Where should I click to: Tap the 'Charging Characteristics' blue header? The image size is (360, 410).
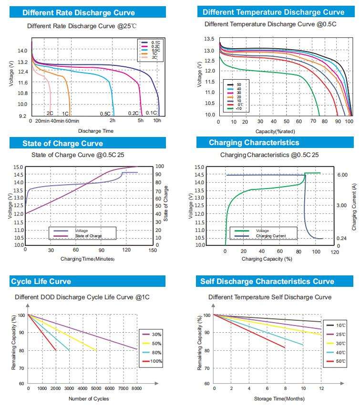click(x=254, y=143)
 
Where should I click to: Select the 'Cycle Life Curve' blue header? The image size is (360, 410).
click(x=41, y=282)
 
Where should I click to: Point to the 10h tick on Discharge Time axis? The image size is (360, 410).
click(x=157, y=121)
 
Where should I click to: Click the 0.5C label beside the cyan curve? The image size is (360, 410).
click(x=105, y=114)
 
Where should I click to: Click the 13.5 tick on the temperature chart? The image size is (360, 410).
click(x=209, y=39)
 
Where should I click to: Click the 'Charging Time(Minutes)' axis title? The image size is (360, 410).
click(x=88, y=259)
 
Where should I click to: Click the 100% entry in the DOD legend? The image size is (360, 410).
click(x=156, y=361)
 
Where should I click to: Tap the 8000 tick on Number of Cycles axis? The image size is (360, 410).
click(x=137, y=389)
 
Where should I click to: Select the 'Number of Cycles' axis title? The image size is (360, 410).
click(x=89, y=399)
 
